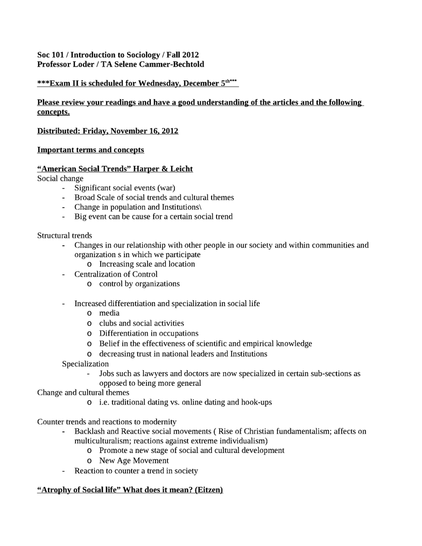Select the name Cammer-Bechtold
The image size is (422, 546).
tap(173, 64)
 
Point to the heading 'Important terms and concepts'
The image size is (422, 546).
tap(90, 150)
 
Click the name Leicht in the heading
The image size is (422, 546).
tap(180, 169)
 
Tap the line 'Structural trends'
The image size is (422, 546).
tap(65, 235)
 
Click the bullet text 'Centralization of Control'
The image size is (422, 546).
tap(116, 274)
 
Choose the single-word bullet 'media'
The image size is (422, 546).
tap(109, 313)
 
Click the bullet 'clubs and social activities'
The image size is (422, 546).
tap(142, 323)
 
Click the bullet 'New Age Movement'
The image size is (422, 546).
tap(134, 460)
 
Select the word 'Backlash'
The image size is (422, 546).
tap(90, 431)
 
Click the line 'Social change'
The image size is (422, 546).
tap(60, 178)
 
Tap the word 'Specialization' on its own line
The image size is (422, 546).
tap(85, 364)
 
